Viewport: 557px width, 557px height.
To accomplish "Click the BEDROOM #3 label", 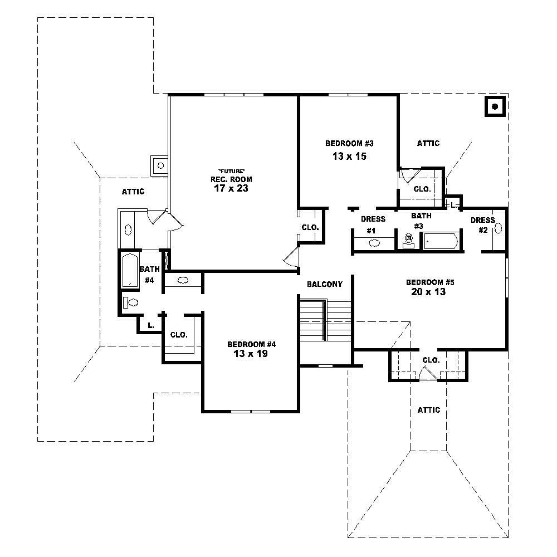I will click(349, 143).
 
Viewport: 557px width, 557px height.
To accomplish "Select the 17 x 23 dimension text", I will click(231, 188).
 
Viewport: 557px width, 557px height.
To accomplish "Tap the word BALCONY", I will click(325, 284).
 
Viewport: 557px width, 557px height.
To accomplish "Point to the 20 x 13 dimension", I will click(426, 291).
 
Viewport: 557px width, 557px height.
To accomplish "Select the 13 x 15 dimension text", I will click(349, 157).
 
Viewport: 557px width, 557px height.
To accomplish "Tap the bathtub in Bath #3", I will click(441, 241).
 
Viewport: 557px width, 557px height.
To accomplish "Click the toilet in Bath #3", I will click(408, 241).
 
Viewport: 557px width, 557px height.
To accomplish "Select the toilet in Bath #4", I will click(131, 302).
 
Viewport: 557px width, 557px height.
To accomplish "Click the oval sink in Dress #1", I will click(374, 243).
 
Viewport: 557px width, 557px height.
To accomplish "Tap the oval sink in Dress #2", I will click(498, 228).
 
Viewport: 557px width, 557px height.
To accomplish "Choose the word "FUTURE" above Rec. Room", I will click(231, 170).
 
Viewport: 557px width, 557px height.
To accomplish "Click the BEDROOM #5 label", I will click(426, 282).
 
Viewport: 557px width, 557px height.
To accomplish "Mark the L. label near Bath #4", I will click(150, 325).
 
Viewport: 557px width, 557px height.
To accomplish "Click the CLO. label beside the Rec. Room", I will click(310, 227).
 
